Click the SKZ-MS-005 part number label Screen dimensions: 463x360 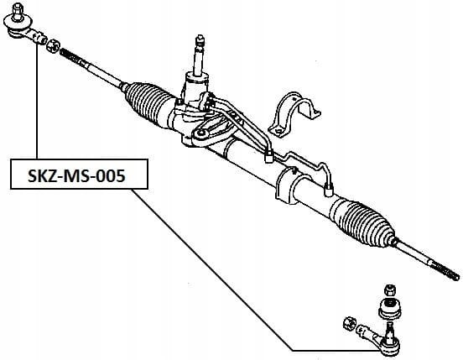[76, 176]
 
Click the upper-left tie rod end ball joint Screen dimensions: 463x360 [25, 27]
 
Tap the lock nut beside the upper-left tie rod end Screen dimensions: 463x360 [53, 46]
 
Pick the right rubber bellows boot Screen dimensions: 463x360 [363, 221]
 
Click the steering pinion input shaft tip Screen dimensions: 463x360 [200, 39]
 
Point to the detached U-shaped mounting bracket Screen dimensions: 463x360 [294, 115]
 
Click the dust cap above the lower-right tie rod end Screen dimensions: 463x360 [390, 309]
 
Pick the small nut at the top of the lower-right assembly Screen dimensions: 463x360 [390, 290]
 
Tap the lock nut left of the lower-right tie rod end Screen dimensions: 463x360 [350, 324]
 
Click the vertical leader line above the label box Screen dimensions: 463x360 [37, 102]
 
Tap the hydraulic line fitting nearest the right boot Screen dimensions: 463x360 [329, 189]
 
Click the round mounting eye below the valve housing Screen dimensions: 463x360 [201, 133]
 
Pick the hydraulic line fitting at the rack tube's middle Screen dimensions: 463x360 [268, 157]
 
